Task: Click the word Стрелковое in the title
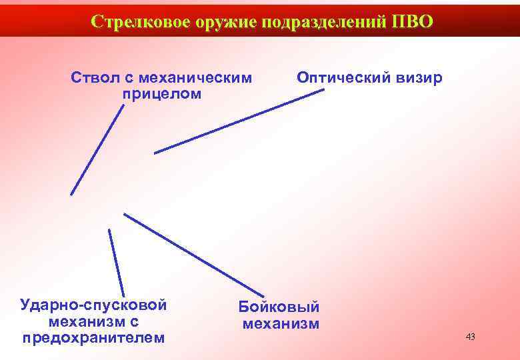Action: click(x=141, y=21)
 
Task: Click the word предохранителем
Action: click(x=93, y=337)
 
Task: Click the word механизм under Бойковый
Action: click(x=281, y=325)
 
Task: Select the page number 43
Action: click(x=470, y=337)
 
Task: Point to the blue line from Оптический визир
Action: click(x=239, y=121)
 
